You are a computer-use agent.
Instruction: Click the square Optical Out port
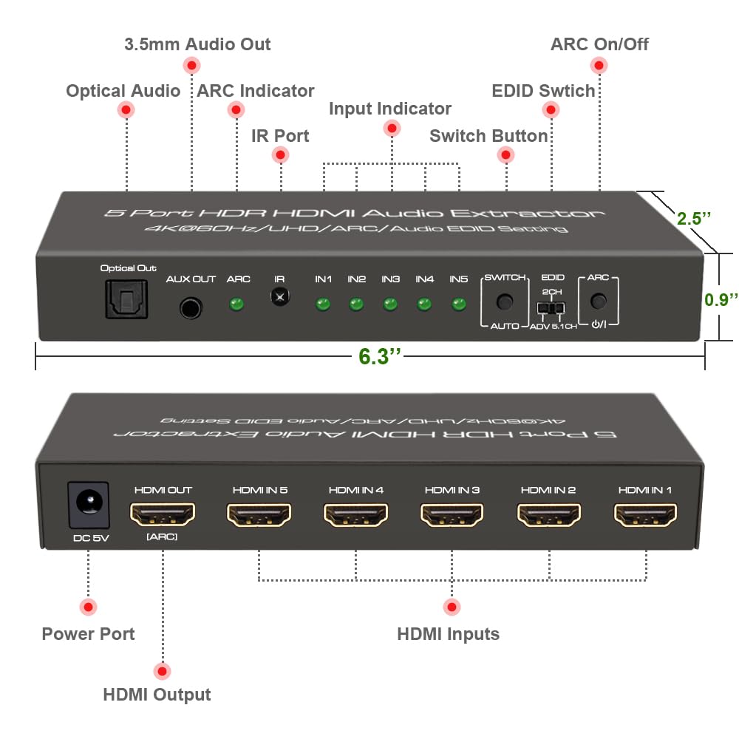click(127, 300)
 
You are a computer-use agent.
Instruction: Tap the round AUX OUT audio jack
click(191, 307)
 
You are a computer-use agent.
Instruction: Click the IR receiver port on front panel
click(279, 297)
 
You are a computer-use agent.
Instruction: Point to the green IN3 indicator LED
click(390, 304)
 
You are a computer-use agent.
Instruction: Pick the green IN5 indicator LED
click(459, 304)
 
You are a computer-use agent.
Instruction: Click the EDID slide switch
click(550, 307)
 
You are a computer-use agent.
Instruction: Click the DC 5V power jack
click(89, 505)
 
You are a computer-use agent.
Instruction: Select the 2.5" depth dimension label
click(694, 219)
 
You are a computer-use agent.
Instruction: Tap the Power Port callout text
click(88, 634)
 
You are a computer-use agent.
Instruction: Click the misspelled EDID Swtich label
click(543, 91)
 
